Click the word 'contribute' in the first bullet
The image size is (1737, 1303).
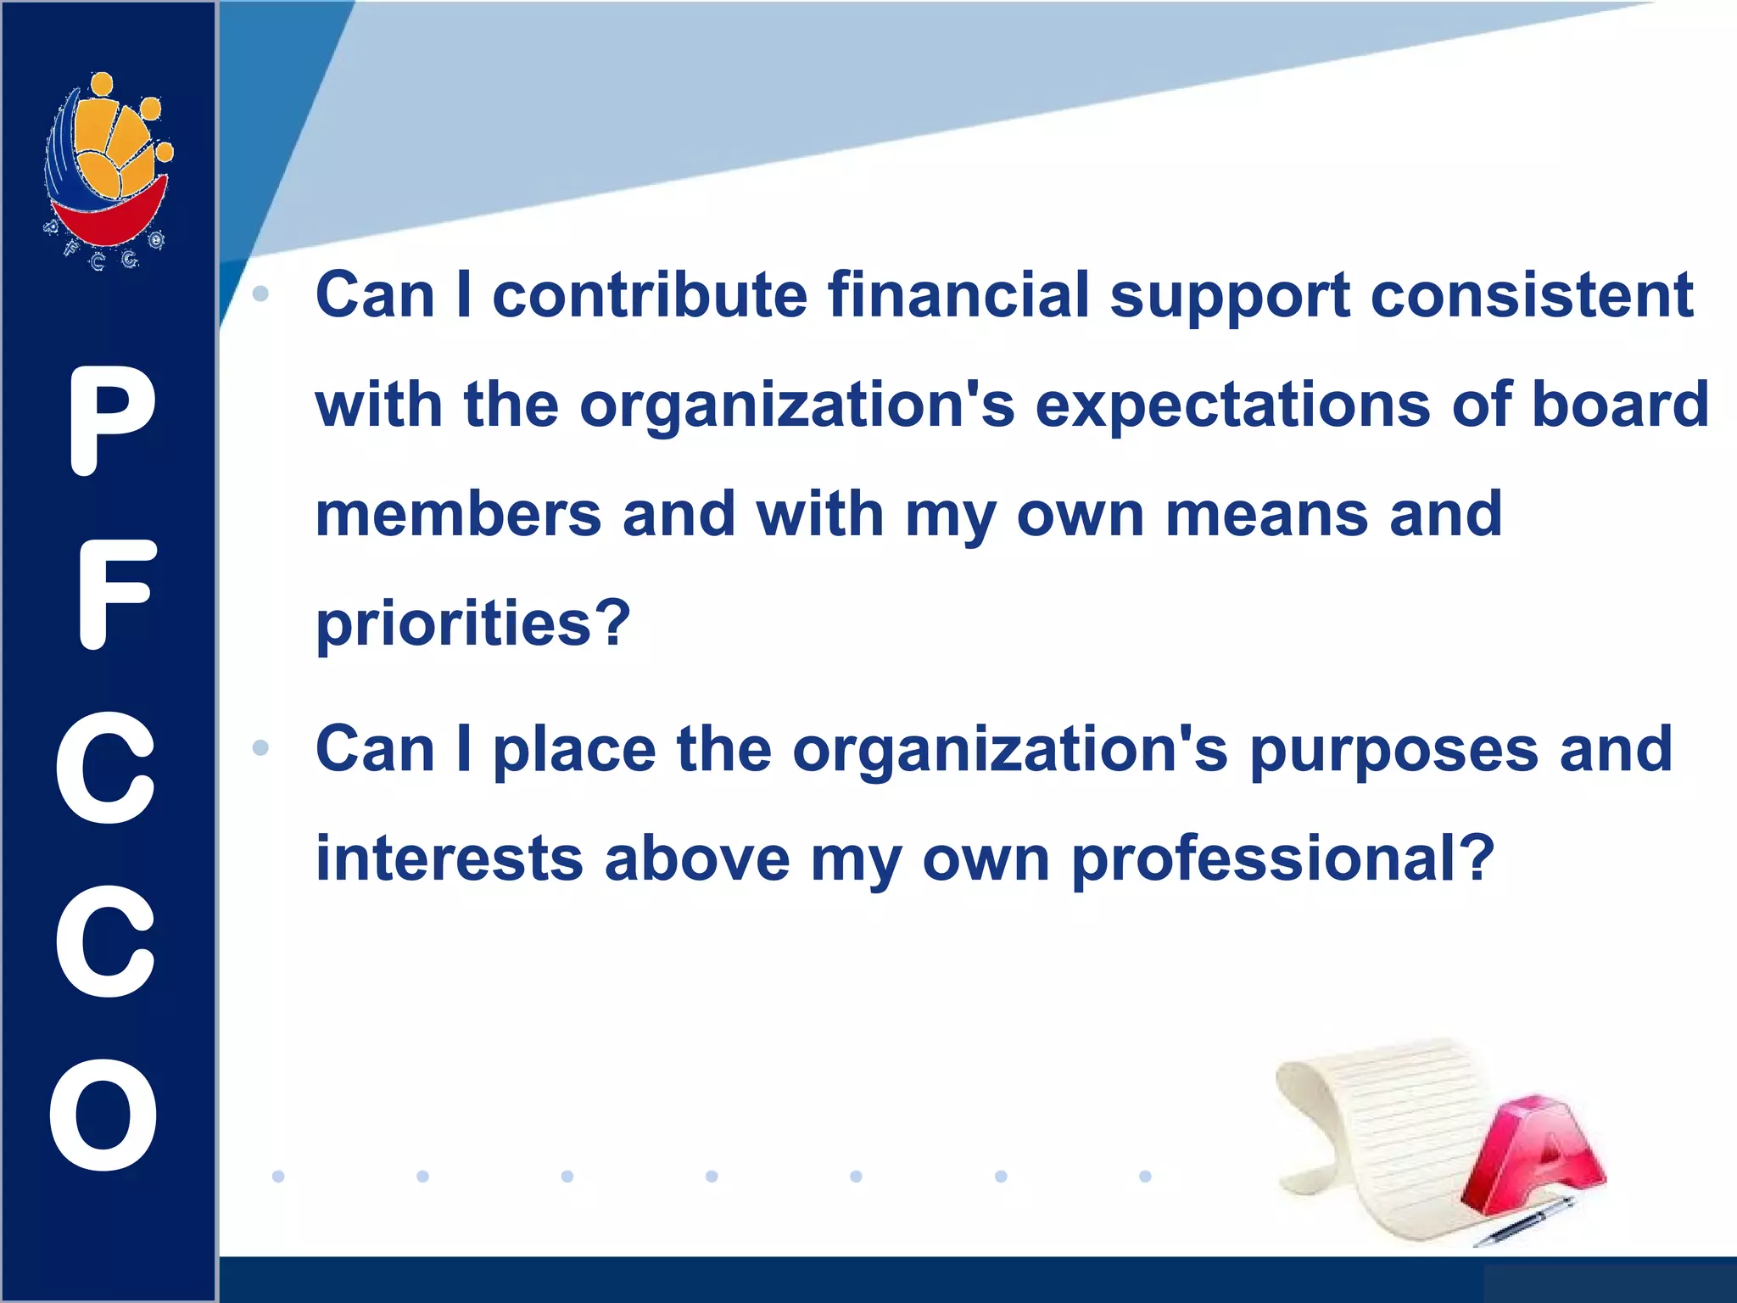[650, 295]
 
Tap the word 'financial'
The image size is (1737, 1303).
[958, 295]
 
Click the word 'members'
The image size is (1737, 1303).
[458, 515]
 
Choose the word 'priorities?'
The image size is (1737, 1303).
[473, 625]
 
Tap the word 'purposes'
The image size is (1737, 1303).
[1394, 752]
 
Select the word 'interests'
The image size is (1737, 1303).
[450, 858]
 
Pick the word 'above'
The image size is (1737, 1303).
[697, 858]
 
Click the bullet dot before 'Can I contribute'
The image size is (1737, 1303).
[260, 294]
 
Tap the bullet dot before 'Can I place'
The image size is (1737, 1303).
[260, 748]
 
